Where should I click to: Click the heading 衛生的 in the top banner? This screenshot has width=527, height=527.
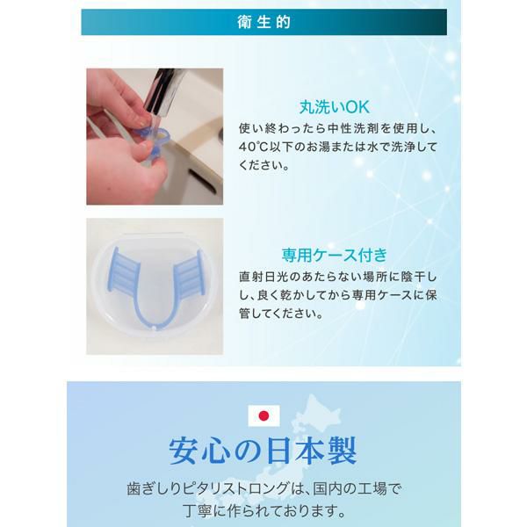(263, 22)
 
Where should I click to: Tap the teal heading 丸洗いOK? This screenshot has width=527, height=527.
(335, 107)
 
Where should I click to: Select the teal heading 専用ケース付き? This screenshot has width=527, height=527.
(335, 255)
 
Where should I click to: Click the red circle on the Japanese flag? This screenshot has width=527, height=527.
(263, 416)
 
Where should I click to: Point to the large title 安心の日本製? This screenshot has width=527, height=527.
(263, 451)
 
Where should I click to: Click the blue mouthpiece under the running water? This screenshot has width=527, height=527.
(157, 141)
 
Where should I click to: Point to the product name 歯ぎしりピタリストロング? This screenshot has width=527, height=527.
(208, 488)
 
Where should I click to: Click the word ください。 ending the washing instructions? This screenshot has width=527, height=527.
(264, 165)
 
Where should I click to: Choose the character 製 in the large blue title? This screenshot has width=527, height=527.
(340, 451)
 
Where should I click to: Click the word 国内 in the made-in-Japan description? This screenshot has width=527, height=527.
(328, 488)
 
